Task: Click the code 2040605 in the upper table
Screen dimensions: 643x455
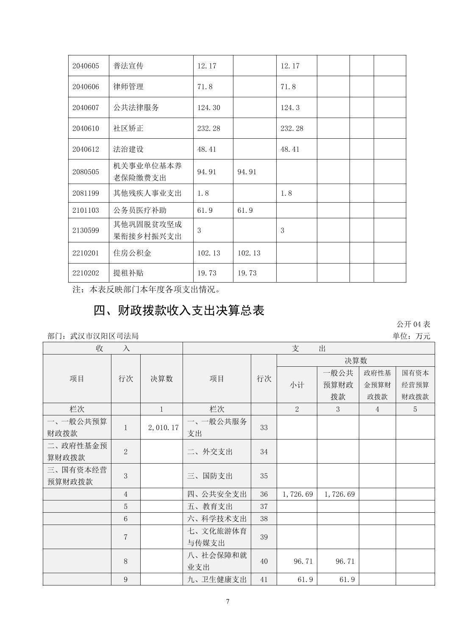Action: (x=86, y=66)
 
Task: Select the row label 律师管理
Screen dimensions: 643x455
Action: (x=128, y=86)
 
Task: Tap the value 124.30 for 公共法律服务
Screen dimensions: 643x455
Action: (x=208, y=107)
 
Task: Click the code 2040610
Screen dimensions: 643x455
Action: (x=86, y=128)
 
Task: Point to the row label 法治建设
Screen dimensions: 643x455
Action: (x=128, y=149)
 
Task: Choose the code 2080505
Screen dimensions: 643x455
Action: (x=86, y=172)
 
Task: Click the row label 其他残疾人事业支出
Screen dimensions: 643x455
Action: (x=147, y=193)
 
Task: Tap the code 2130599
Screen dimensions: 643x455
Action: (x=86, y=230)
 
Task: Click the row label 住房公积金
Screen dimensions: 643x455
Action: (x=132, y=253)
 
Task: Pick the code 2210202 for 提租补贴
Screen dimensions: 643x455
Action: (x=86, y=273)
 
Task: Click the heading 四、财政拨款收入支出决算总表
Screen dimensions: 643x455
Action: (x=179, y=311)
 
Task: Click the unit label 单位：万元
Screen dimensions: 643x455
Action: (x=411, y=336)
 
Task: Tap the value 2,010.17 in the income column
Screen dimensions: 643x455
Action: (x=163, y=427)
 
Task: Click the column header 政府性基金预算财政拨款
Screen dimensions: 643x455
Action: (x=377, y=385)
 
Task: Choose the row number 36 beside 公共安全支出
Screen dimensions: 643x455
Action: (x=264, y=494)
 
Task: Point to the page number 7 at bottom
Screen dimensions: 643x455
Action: (x=227, y=602)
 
